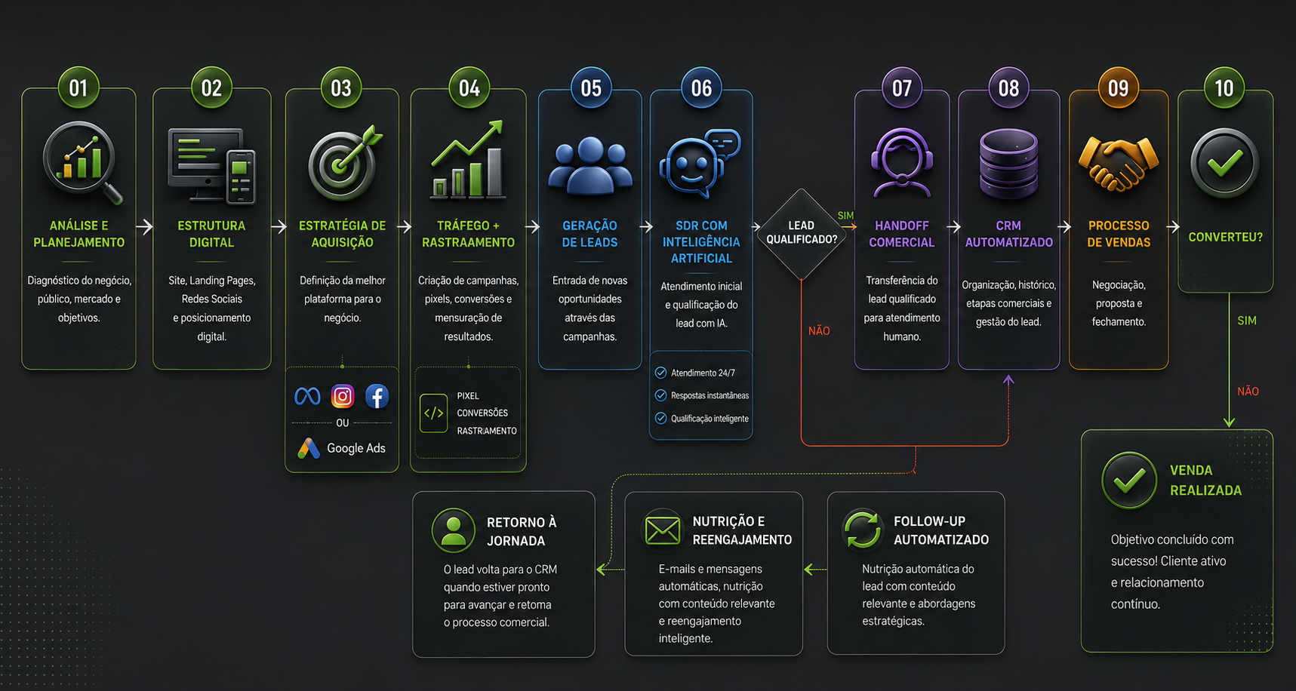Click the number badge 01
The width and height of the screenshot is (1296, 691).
pyautogui.click(x=78, y=88)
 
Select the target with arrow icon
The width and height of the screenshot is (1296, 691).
pyautogui.click(x=344, y=163)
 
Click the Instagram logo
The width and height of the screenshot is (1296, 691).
pyautogui.click(x=343, y=396)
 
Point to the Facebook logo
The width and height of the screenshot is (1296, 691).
pyautogui.click(x=377, y=396)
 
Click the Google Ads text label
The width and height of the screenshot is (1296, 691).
pyautogui.click(x=356, y=448)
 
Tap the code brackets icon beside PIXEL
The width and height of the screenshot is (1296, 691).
pyautogui.click(x=433, y=413)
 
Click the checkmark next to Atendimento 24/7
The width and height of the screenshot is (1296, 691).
pyautogui.click(x=660, y=373)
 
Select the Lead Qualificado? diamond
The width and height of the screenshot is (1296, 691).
pyautogui.click(x=801, y=233)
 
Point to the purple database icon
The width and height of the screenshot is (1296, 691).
pyautogui.click(x=1008, y=164)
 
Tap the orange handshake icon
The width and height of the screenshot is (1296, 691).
pyautogui.click(x=1118, y=163)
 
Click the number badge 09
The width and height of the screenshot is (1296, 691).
pyautogui.click(x=1118, y=88)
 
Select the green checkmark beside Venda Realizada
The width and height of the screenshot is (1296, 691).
pyautogui.click(x=1129, y=480)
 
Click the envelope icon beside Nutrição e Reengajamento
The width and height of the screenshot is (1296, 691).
pyautogui.click(x=663, y=530)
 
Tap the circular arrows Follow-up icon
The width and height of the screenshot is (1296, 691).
pyautogui.click(x=862, y=530)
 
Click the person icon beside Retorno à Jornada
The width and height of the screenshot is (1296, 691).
pyautogui.click(x=453, y=530)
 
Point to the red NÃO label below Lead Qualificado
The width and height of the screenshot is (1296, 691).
pyautogui.click(x=819, y=331)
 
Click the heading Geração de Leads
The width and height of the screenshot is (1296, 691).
pyautogui.click(x=590, y=234)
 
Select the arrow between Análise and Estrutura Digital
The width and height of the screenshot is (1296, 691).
pyautogui.click(x=145, y=226)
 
